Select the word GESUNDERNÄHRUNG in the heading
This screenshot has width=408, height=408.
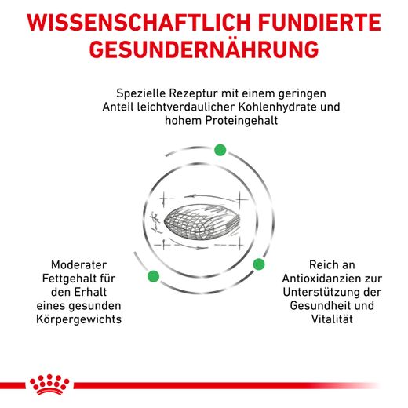[x=204, y=49]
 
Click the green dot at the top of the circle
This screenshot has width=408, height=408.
[x=220, y=149]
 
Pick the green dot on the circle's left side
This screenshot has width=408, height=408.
[x=153, y=275]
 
